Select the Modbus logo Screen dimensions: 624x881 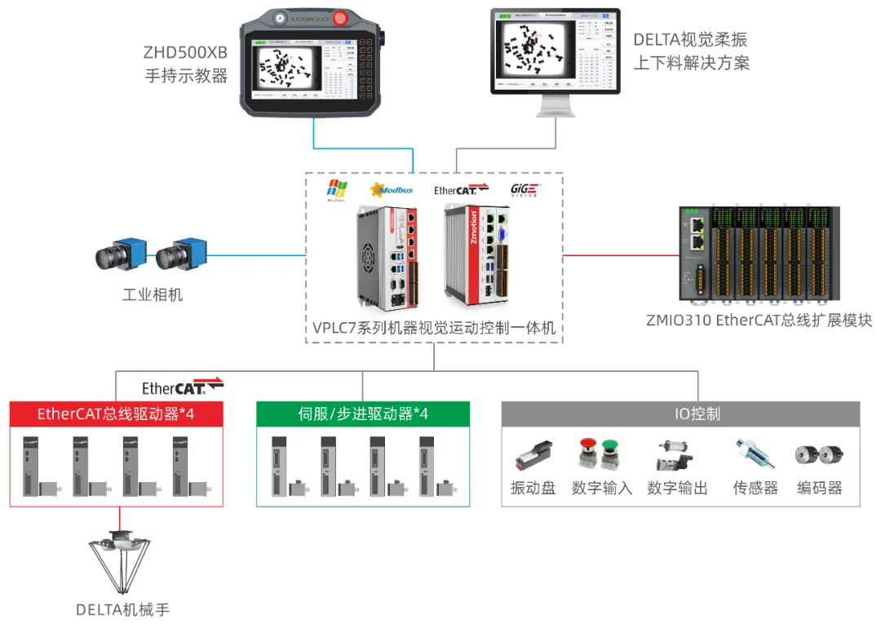[x=391, y=190]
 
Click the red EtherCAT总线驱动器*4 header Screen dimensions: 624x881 [x=116, y=414]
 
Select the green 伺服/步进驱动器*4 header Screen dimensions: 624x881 [x=363, y=414]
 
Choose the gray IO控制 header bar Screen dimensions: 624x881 [x=680, y=414]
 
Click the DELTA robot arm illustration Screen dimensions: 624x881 [x=122, y=563]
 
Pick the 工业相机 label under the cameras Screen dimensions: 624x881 [x=152, y=294]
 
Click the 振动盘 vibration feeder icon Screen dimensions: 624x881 [x=534, y=456]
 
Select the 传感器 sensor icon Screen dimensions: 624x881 [x=751, y=454]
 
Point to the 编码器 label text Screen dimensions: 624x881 [x=819, y=488]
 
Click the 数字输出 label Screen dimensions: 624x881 [x=677, y=488]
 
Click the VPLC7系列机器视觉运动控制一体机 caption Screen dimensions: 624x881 [x=434, y=328]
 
